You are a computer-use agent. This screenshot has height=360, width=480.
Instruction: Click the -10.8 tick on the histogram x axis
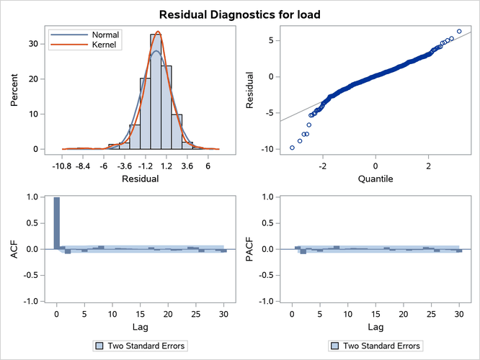click(62, 165)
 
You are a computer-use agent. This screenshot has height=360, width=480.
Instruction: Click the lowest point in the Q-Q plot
click(292, 148)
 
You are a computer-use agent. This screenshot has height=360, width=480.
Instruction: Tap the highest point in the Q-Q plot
click(459, 32)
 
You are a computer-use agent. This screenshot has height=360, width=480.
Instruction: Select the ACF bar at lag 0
click(57, 223)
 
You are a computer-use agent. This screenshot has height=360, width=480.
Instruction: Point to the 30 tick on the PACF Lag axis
click(459, 314)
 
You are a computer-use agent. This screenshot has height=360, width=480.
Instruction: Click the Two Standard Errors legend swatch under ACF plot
click(99, 346)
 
